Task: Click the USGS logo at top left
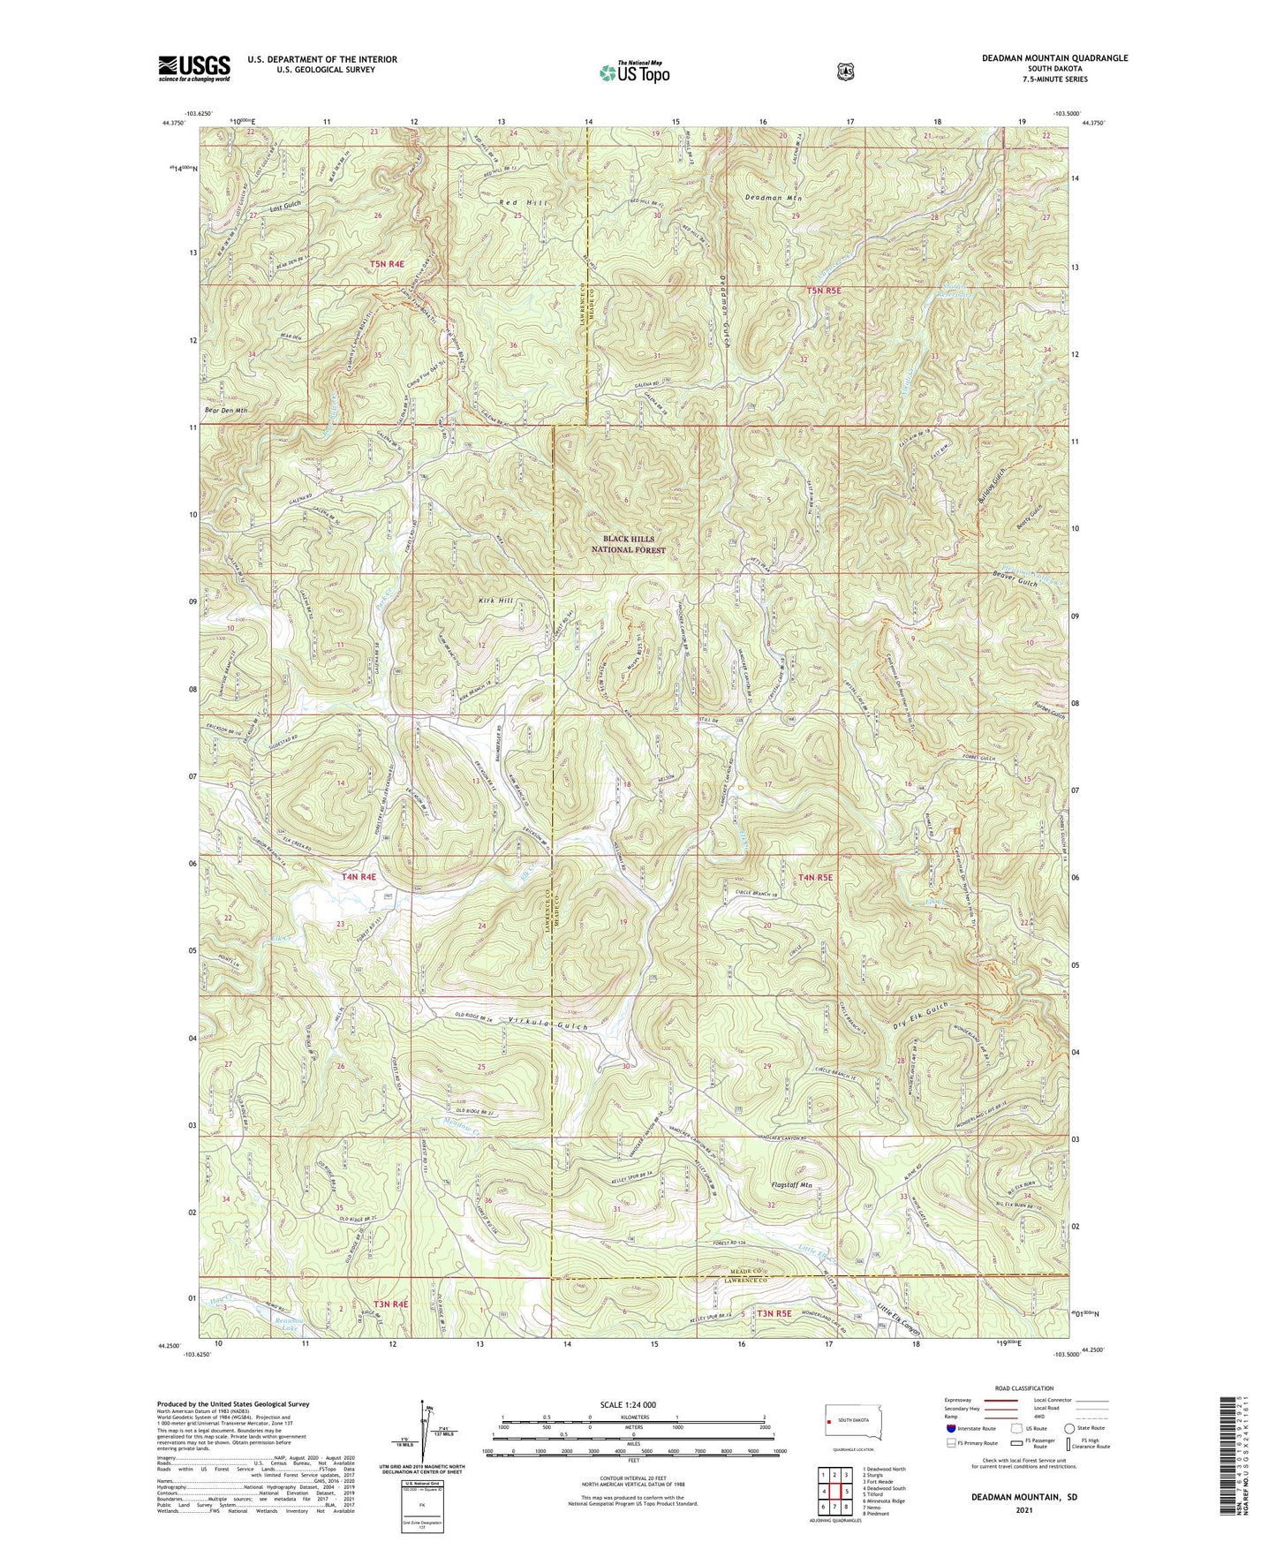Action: [x=193, y=67]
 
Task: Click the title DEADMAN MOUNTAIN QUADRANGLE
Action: [x=1054, y=58]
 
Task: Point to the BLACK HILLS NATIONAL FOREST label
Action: [x=634, y=544]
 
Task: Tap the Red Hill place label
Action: [x=523, y=203]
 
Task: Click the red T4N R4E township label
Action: [x=359, y=877]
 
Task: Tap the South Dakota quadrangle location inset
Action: [x=847, y=1421]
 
